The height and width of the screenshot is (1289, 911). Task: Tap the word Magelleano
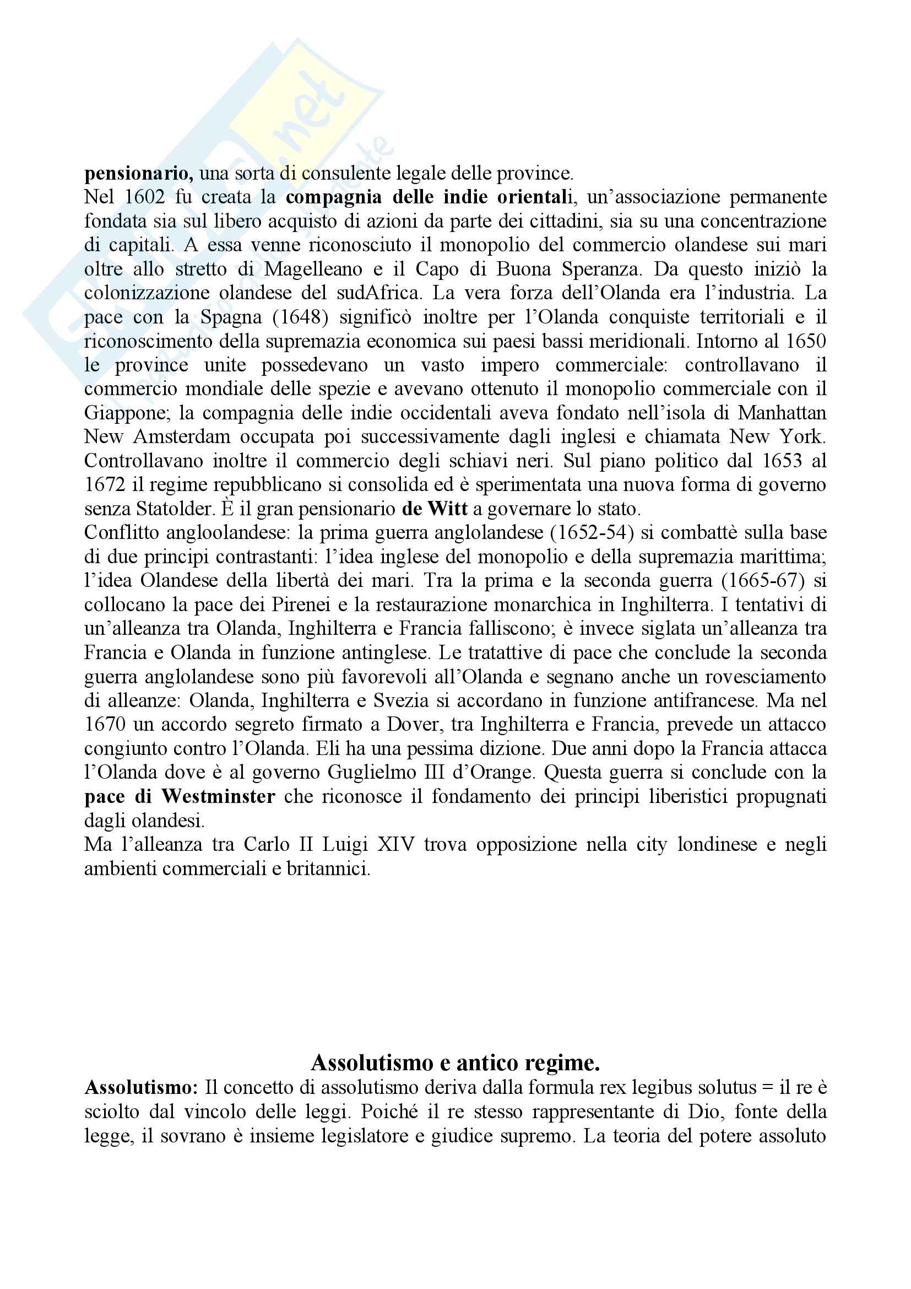313,269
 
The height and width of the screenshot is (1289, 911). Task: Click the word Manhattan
782,413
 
